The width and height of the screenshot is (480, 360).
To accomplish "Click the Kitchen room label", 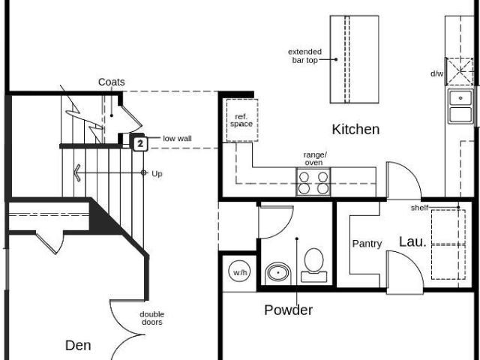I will pyautogui.click(x=355, y=129).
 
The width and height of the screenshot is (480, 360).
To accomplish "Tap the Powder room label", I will pyautogui.click(x=288, y=310).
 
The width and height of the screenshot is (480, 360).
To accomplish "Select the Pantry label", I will pyautogui.click(x=367, y=244).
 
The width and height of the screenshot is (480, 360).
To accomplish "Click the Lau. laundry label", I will pyautogui.click(x=412, y=241).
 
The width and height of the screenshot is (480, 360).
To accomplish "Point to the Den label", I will pyautogui.click(x=78, y=345).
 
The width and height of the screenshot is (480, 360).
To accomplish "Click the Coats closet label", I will pyautogui.click(x=111, y=82).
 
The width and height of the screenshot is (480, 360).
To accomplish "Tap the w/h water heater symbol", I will pyautogui.click(x=239, y=272).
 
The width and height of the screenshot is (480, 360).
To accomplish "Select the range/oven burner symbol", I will pyautogui.click(x=313, y=182).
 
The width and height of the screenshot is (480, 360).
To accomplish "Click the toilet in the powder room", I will pyautogui.click(x=313, y=264).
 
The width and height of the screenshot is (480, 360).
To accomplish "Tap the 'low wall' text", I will pyautogui.click(x=177, y=139).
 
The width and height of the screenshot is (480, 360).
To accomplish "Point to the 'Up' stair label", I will pyautogui.click(x=157, y=173).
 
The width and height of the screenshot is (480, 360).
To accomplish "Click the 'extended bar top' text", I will pyautogui.click(x=305, y=56).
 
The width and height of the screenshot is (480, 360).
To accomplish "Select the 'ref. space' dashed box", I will pyautogui.click(x=242, y=120).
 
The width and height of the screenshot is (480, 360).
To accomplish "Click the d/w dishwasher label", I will pyautogui.click(x=436, y=73).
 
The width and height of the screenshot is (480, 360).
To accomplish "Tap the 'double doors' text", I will pyautogui.click(x=151, y=318).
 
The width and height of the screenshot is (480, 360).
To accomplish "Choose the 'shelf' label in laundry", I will pyautogui.click(x=419, y=207).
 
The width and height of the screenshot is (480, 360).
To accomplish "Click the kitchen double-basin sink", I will pyautogui.click(x=459, y=106).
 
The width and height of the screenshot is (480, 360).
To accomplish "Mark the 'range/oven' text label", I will pyautogui.click(x=313, y=158).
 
